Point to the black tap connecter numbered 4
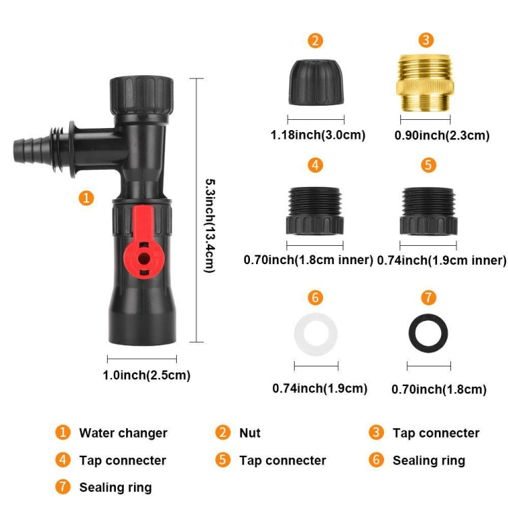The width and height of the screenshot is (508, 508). coord(316,210)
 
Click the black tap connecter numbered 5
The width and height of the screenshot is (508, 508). coord(429,211)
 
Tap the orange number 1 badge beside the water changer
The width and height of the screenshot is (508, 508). coord(86,198)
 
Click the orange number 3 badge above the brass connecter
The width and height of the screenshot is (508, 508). coord(425,40)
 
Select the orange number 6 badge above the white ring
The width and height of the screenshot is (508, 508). coord(316,297)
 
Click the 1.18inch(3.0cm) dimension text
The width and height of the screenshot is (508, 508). coord(318,135)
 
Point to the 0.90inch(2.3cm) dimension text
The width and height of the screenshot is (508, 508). coord(442,135)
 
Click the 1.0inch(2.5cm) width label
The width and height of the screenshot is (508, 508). coord(146,375)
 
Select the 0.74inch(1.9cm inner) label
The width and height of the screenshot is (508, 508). coord(442,260)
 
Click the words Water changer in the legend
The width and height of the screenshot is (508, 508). coord(123,433)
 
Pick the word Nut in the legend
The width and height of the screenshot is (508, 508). coord(250,433)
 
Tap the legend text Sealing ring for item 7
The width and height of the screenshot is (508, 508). coord(115,488)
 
